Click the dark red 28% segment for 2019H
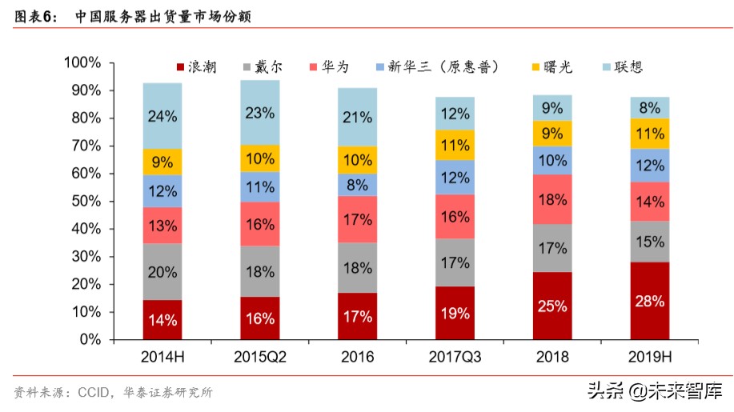649,301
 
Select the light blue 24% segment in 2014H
162,116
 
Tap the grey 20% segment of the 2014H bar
162,272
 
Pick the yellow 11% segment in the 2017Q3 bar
455,145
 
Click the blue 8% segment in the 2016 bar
357,185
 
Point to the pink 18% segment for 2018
552,199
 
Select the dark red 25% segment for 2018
552,306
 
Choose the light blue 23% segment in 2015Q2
260,113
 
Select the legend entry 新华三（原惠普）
436,67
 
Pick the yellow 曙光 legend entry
552,67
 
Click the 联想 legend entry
621,67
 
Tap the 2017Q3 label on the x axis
455,357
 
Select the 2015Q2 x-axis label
260,357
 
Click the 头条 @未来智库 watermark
654,391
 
